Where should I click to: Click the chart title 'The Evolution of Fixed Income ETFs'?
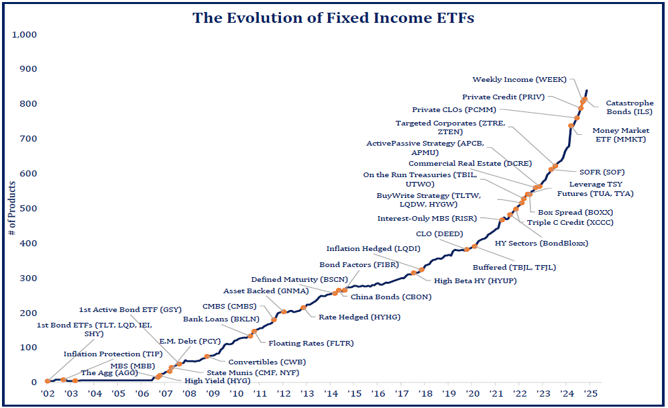pyautogui.click(x=333, y=17)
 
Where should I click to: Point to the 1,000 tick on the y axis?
pyautogui.click(x=24, y=34)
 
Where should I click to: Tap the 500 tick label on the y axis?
pyautogui.click(x=29, y=208)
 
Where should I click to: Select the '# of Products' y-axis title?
pyautogui.click(x=12, y=209)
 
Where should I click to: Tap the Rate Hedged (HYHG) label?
pyautogui.click(x=349, y=317)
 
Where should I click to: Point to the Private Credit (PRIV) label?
pyautogui.click(x=504, y=97)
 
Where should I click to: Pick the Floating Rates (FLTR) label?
pyautogui.click(x=311, y=343)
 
